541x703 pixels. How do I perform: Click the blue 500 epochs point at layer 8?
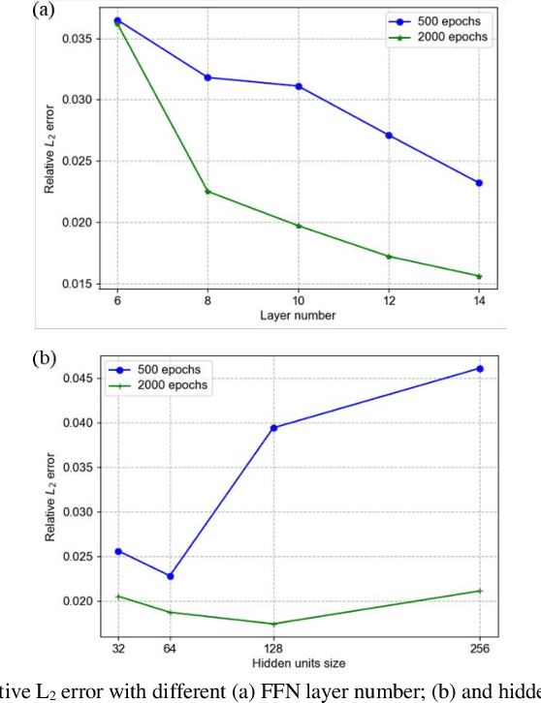coord(207,77)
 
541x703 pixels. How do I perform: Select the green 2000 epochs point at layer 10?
coord(298,226)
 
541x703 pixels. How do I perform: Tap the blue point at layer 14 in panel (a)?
coord(479,183)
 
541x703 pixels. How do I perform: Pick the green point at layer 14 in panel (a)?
coord(479,276)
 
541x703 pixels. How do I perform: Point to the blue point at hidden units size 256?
coord(479,368)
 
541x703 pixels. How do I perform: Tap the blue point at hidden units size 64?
coord(171,576)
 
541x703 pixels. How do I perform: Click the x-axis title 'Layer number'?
coord(298,316)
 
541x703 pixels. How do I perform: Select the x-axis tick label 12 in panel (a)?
coord(388,301)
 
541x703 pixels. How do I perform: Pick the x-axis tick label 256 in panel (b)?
coord(479,650)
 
